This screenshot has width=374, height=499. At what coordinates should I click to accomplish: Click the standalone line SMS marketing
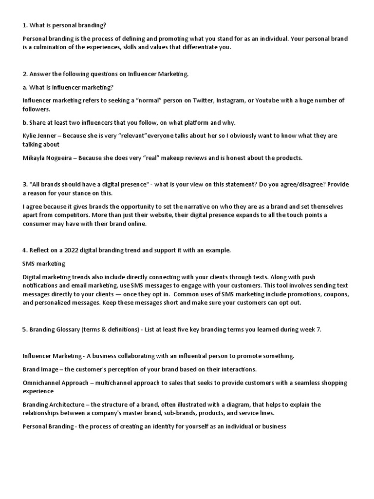pos(44,264)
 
